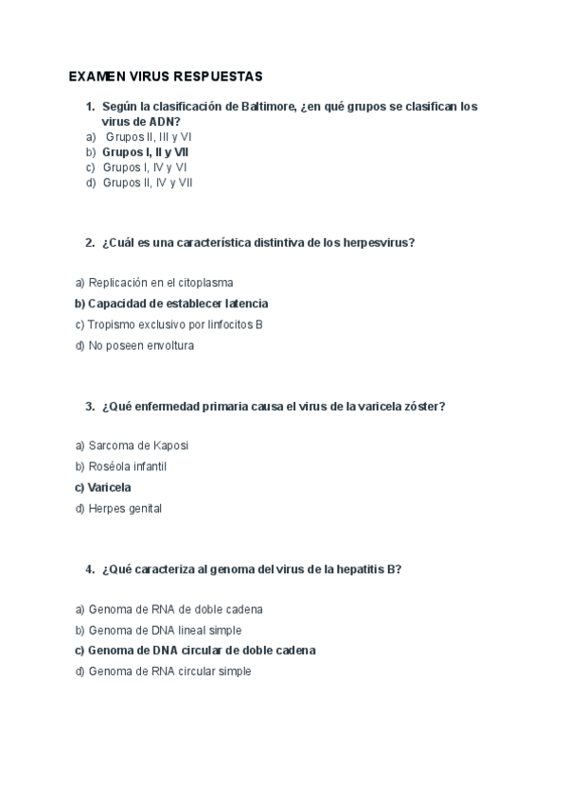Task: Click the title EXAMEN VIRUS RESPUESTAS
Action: point(166,75)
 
